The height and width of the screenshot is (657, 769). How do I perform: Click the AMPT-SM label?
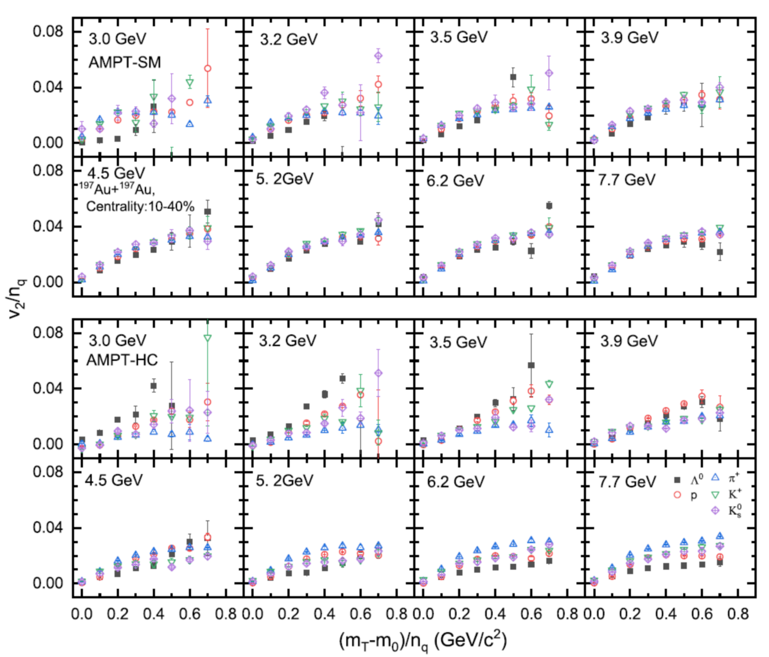coord(125,62)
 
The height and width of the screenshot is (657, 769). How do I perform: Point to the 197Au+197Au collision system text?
coord(117,189)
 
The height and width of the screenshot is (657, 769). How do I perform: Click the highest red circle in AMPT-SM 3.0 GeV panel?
coord(208,68)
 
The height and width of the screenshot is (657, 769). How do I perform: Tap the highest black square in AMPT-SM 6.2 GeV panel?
coord(549,206)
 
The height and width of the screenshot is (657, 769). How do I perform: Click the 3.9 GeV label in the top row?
coord(630,37)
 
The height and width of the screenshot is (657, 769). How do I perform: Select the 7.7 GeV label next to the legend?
coord(627,482)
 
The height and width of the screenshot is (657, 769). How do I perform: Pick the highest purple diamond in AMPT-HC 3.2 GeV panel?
coord(378,373)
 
